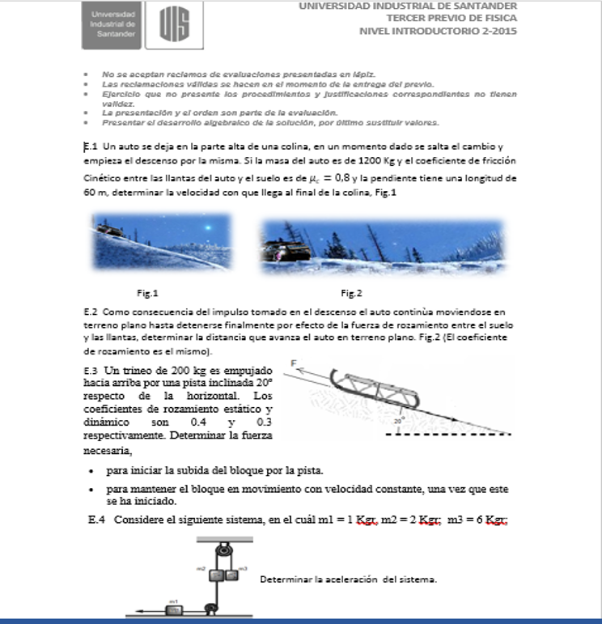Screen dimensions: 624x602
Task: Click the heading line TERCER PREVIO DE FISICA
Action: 451,18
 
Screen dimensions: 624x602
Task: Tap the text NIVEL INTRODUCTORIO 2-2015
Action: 438,32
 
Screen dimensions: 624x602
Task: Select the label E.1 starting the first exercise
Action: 91,146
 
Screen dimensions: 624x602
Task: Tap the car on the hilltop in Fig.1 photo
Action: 108,229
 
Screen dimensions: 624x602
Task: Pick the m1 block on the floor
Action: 174,609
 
